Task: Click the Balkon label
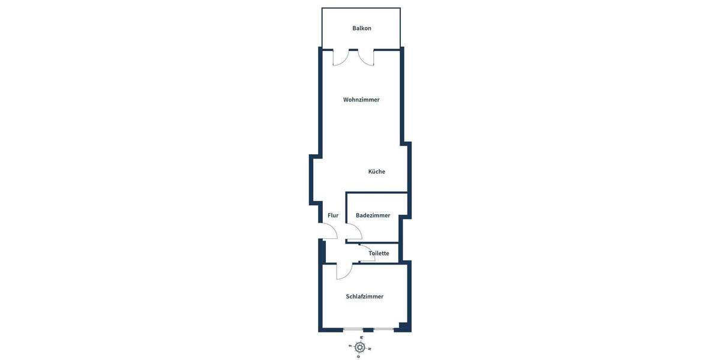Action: pyautogui.click(x=362, y=28)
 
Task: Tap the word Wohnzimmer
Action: pyautogui.click(x=361, y=100)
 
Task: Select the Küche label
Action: pyautogui.click(x=377, y=172)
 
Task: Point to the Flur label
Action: pyautogui.click(x=333, y=215)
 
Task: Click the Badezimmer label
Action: pyautogui.click(x=373, y=215)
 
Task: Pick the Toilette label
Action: pyautogui.click(x=379, y=253)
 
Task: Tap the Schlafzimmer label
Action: pyautogui.click(x=364, y=296)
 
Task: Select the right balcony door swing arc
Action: pyautogui.click(x=366, y=59)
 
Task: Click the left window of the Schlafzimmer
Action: pyautogui.click(x=353, y=329)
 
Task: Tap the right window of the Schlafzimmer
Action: pyautogui.click(x=383, y=329)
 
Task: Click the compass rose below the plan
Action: pyautogui.click(x=359, y=347)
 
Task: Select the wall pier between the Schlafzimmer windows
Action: pyautogui.click(x=368, y=329)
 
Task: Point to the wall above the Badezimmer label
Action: pyautogui.click(x=377, y=193)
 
